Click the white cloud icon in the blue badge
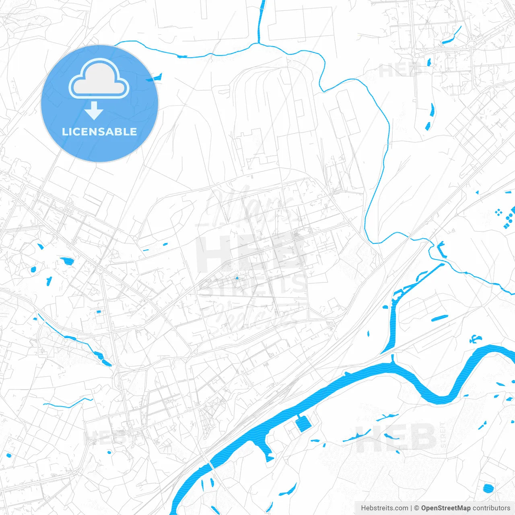99,78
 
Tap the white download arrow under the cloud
94,111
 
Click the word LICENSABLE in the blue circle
99,132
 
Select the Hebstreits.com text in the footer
384,508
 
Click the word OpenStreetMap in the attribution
445,508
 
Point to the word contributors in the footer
491,508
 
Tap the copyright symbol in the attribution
416,508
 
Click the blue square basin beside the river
303,424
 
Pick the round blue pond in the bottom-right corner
488,488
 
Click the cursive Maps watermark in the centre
249,205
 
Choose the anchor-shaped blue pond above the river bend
475,339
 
